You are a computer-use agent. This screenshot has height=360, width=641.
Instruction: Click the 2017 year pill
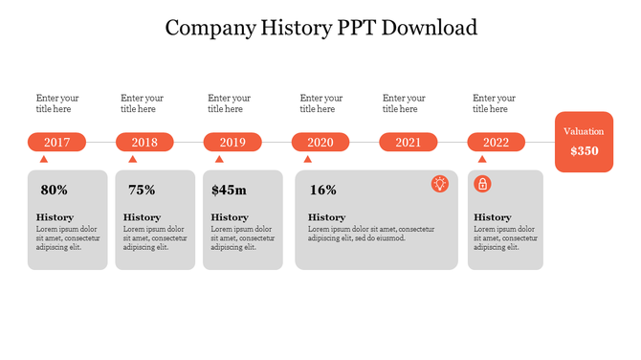click(56, 143)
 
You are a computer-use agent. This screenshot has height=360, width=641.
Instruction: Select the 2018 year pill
click(144, 143)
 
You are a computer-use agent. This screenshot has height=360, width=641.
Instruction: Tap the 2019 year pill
click(232, 143)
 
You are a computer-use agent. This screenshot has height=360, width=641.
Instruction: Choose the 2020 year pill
click(320, 143)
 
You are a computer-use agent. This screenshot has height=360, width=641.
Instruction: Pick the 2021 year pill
click(409, 143)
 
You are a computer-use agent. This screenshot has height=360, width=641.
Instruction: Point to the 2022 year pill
click(496, 143)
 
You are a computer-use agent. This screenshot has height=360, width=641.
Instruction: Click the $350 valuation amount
click(584, 151)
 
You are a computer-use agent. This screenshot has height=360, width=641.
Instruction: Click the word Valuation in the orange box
click(584, 131)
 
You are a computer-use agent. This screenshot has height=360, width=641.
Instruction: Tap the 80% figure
click(54, 191)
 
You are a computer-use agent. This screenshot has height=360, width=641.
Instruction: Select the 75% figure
click(142, 191)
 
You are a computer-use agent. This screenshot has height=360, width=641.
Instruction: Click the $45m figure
click(229, 191)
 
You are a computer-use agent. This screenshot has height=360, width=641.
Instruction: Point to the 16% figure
click(323, 191)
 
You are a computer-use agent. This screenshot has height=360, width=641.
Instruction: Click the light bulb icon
click(440, 184)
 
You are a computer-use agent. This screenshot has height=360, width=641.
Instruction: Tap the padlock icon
click(483, 184)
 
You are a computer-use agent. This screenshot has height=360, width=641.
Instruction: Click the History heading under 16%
click(326, 217)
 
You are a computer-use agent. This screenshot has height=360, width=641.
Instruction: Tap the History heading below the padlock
click(493, 217)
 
